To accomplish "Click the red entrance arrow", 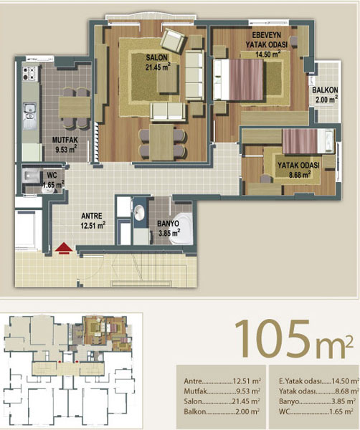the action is coord(64,248).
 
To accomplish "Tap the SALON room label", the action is coord(156,57).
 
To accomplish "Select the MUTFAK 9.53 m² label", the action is coord(65,145).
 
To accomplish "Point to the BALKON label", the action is coord(325,90).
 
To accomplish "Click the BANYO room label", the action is coord(169,224).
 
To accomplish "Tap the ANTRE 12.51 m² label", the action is coord(93,221).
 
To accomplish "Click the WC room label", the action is coord(52,176).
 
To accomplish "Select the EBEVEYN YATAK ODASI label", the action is coord(266,39).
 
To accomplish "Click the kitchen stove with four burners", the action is coord(29,74).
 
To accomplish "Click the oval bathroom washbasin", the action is coord(140,213).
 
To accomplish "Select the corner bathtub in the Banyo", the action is coord(181,229).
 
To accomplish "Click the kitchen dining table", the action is coord(75,107).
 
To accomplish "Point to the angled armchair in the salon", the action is coord(174,41).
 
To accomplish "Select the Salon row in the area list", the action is coord(222,401).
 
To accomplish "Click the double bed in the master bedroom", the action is coord(238,80).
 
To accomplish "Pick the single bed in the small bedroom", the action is coord(308,141).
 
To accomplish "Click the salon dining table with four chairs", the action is coord(162,142).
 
